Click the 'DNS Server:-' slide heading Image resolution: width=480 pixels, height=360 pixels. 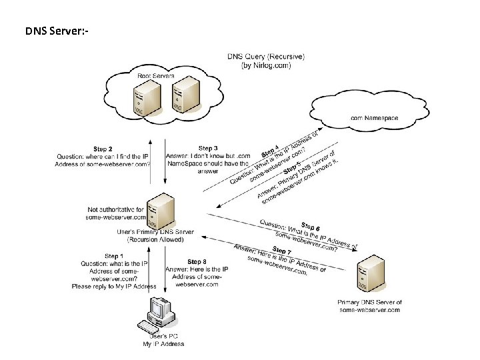[x=57, y=31]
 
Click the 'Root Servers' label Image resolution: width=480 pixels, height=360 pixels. [x=155, y=76]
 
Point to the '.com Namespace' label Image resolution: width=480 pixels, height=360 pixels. [x=374, y=118]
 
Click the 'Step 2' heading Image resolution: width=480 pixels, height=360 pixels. [x=103, y=149]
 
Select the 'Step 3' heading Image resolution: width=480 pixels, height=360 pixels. [x=208, y=148]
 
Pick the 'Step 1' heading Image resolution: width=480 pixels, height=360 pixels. [x=114, y=256]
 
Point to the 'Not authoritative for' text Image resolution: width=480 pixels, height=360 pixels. [x=115, y=209]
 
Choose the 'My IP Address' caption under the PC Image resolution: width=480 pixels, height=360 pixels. [x=163, y=344]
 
